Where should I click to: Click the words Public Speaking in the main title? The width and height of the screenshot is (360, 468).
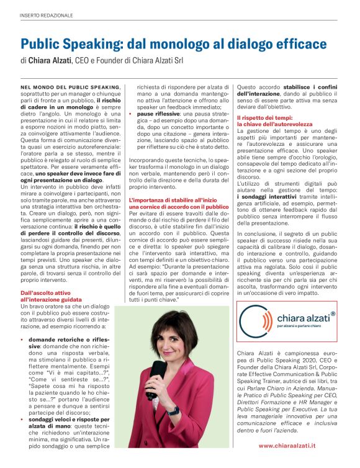pyautogui.click(x=68, y=44)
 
